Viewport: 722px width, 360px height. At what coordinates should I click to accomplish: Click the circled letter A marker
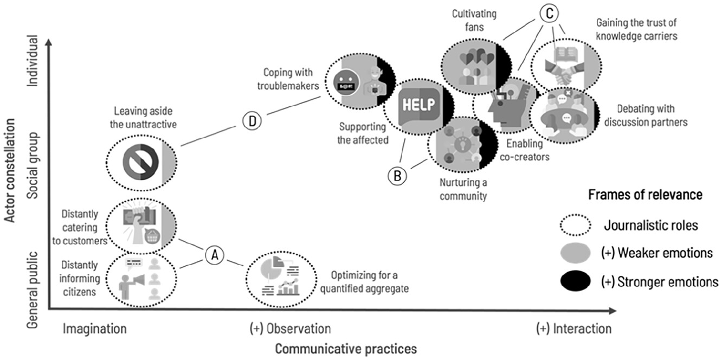coord(215,255)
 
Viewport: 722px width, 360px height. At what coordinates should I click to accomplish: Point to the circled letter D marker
coord(252,121)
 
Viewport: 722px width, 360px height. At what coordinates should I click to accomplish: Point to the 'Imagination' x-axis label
coord(95,329)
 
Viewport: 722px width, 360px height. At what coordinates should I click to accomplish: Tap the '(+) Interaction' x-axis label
coord(573,329)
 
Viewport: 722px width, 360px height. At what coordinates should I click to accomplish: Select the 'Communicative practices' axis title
coord(346,349)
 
